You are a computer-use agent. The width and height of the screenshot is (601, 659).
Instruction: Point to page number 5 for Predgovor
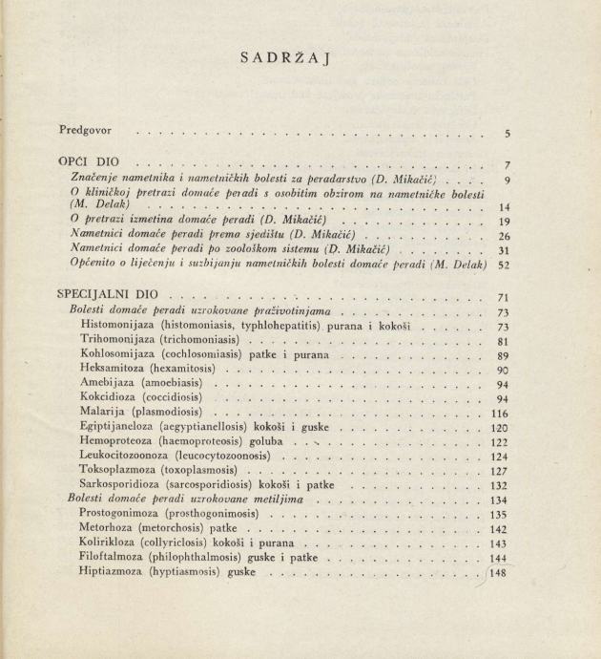[x=508, y=135]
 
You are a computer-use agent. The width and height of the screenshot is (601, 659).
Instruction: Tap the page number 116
[x=499, y=414]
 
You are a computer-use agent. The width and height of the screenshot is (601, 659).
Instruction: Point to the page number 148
[x=499, y=573]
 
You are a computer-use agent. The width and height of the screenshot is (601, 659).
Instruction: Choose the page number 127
[x=499, y=471]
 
